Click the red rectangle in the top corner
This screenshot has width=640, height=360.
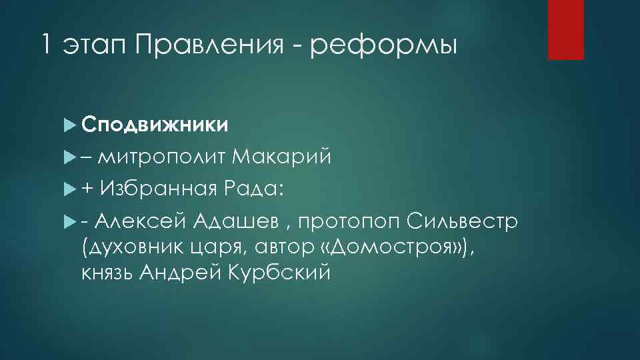coord(565,29)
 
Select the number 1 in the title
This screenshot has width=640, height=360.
coord(45,45)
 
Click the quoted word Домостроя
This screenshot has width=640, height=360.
coord(390,247)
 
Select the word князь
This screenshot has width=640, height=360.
coord(106,274)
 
